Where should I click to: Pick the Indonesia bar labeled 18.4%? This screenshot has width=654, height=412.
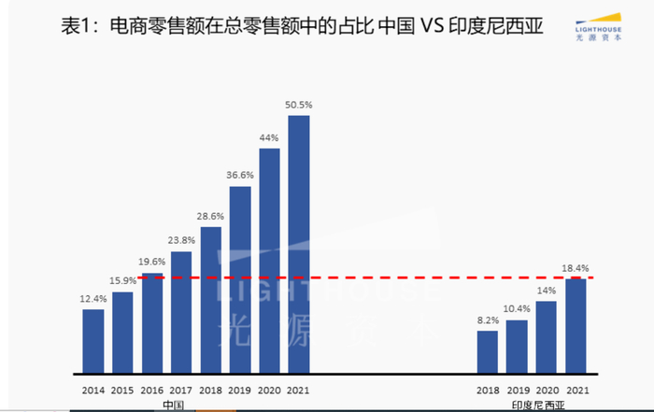pyautogui.click(x=576, y=324)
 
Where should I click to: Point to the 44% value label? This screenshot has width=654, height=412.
pyautogui.click(x=270, y=138)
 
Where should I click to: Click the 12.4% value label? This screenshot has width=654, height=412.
pyautogui.click(x=93, y=299)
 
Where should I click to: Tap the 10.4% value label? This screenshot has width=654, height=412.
pyautogui.click(x=517, y=310)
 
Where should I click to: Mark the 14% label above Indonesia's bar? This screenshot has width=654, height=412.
pyautogui.click(x=547, y=291)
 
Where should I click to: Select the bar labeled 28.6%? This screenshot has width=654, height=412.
pyautogui.click(x=211, y=299)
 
